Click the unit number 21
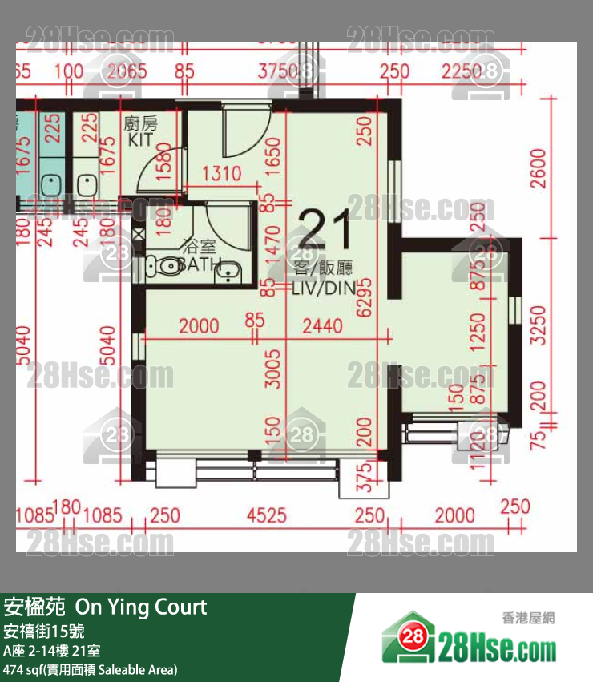(x=325, y=231)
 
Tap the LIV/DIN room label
(x=325, y=288)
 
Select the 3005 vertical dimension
(x=274, y=369)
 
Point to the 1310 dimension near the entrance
(x=221, y=173)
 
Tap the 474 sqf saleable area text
(x=91, y=669)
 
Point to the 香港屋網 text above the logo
(x=528, y=618)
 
